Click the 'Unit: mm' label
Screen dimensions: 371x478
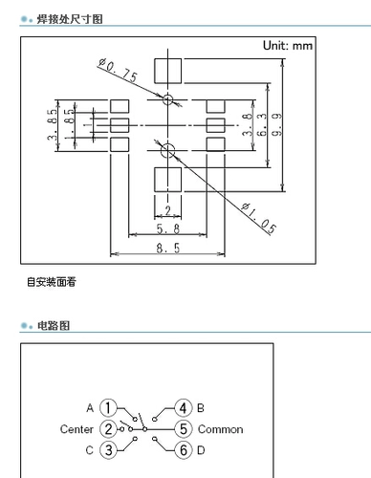[288, 46]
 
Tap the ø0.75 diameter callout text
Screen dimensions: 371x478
[118, 71]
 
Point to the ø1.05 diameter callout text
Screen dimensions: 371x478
[258, 219]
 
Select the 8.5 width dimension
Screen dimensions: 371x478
[168, 248]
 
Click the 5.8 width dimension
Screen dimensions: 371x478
[168, 228]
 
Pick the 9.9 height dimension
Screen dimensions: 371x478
[276, 124]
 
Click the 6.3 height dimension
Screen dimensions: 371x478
[262, 124]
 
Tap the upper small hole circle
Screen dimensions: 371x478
[167, 99]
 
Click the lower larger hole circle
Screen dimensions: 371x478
[167, 150]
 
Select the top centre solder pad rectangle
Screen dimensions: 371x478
[168, 71]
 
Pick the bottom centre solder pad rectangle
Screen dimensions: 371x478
[168, 180]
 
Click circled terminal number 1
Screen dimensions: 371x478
[108, 408]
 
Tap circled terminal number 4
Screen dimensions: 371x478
[184, 408]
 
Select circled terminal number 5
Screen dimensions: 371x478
[184, 429]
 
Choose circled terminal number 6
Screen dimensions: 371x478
[184, 450]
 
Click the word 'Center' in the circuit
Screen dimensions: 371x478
[76, 429]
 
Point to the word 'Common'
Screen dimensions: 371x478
[220, 429]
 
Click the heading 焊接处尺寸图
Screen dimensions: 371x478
[70, 19]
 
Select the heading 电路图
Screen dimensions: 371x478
[54, 326]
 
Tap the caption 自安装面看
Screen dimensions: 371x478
[52, 282]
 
